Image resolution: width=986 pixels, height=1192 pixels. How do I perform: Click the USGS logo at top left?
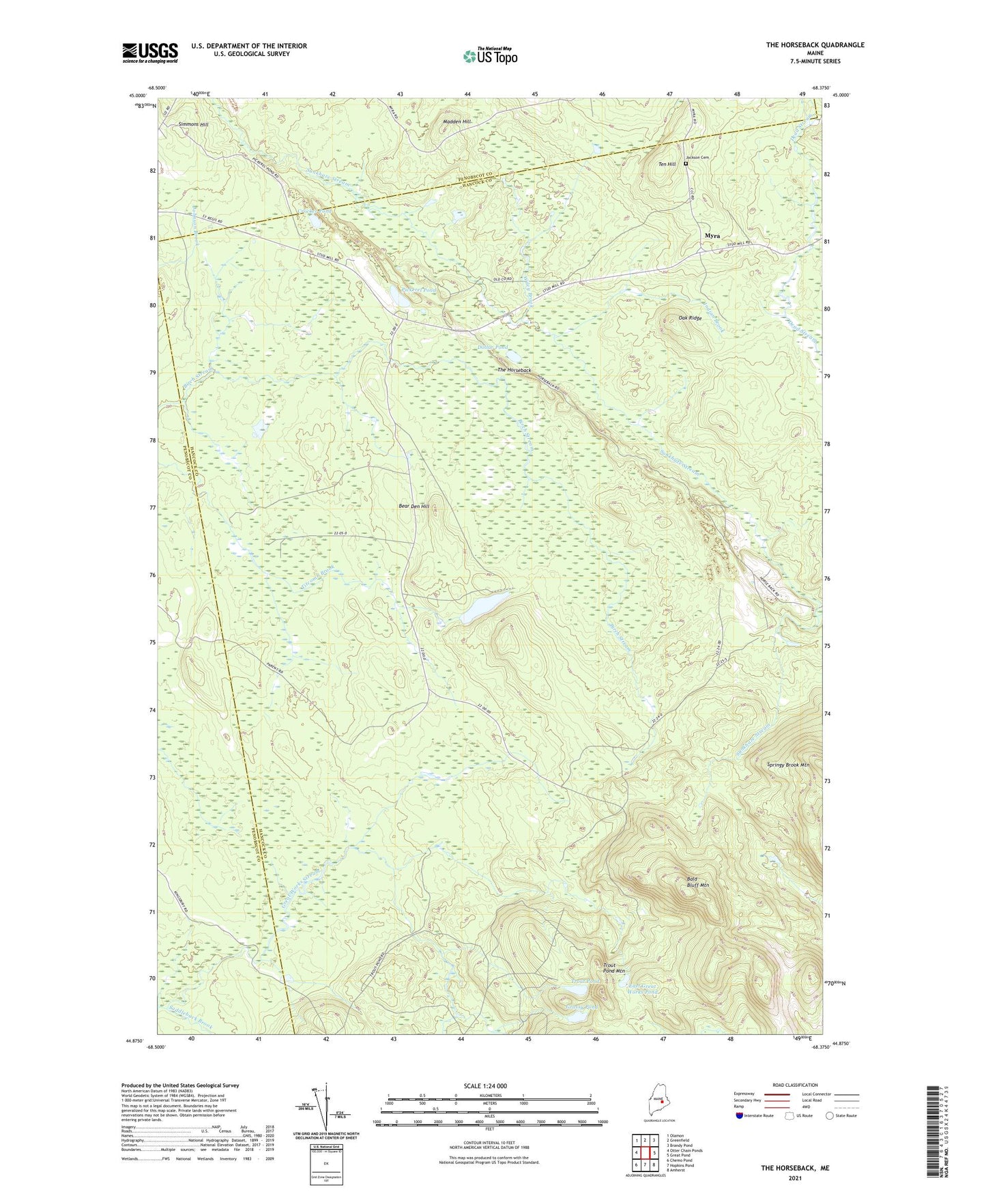click(150, 52)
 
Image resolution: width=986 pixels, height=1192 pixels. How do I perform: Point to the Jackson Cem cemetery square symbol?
click(686, 164)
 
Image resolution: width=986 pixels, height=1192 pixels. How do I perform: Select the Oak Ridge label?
click(690, 318)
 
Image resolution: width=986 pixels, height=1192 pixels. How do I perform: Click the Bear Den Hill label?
click(414, 506)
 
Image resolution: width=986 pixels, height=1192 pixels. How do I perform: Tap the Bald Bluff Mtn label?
click(697, 881)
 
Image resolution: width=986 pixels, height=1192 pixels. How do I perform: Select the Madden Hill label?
click(456, 122)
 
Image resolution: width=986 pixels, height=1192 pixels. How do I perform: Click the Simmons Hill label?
click(193, 125)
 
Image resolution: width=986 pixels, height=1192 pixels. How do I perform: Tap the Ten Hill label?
click(667, 165)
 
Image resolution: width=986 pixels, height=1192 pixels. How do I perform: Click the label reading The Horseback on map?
click(514, 370)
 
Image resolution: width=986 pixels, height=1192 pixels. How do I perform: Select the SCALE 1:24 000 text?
click(487, 1086)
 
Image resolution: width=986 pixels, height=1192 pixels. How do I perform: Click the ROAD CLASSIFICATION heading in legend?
click(796, 1085)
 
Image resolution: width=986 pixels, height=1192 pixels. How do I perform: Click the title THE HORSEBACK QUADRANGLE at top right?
click(815, 45)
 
